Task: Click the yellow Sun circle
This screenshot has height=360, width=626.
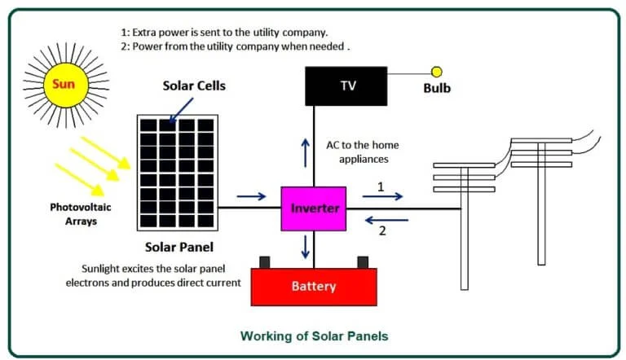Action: click(x=64, y=83)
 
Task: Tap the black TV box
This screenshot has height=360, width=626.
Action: click(x=346, y=86)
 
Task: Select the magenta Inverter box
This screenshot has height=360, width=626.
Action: click(x=314, y=208)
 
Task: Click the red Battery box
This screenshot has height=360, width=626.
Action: click(x=314, y=287)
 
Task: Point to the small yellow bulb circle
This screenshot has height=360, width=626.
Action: click(x=437, y=72)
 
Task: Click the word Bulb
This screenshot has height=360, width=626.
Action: click(x=437, y=88)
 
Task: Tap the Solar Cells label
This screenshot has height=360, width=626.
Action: click(x=194, y=86)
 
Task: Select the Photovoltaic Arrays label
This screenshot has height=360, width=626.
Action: click(x=80, y=213)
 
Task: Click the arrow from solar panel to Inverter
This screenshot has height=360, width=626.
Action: click(x=252, y=196)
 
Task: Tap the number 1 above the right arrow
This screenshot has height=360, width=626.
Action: click(x=380, y=187)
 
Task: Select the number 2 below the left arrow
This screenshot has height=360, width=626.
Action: click(x=381, y=230)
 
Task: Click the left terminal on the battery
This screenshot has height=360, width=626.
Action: click(x=264, y=262)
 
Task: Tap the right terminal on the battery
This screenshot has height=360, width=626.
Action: click(x=361, y=262)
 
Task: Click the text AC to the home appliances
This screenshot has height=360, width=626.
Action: click(x=362, y=152)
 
